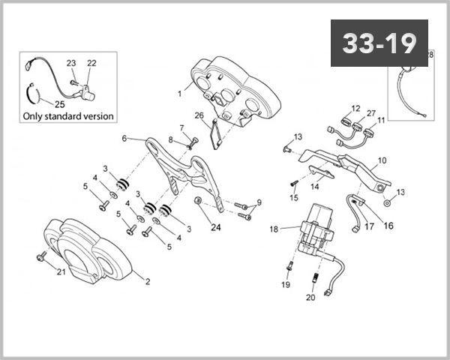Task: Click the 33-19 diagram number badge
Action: [379, 43]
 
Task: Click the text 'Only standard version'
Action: [67, 116]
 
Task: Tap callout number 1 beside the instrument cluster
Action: [179, 94]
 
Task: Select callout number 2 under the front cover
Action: [147, 282]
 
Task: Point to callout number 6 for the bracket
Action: [124, 138]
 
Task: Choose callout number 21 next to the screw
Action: [61, 272]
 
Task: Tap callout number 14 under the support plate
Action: [316, 186]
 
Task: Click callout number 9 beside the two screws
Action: [259, 202]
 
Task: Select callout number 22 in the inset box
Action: [91, 63]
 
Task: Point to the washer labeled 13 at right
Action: [387, 202]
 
